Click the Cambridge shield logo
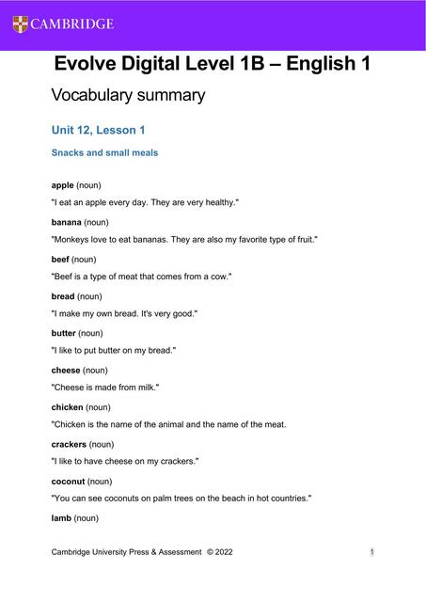pyautogui.click(x=21, y=24)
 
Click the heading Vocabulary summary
pyautogui.click(x=127, y=95)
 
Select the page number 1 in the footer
pyautogui.click(x=372, y=552)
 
